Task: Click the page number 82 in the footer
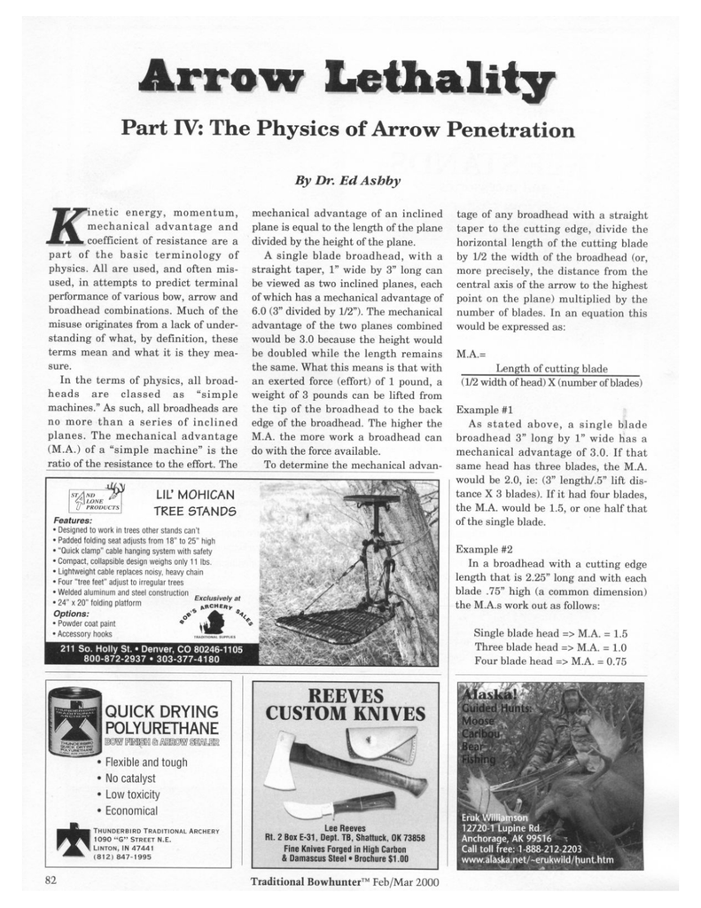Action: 51,880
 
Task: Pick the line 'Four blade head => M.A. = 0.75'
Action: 550,661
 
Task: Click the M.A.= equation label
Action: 468,354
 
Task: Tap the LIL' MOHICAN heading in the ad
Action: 195,495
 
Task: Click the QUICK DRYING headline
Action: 161,712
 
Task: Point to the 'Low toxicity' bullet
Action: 132,794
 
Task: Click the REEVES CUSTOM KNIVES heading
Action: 346,704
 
